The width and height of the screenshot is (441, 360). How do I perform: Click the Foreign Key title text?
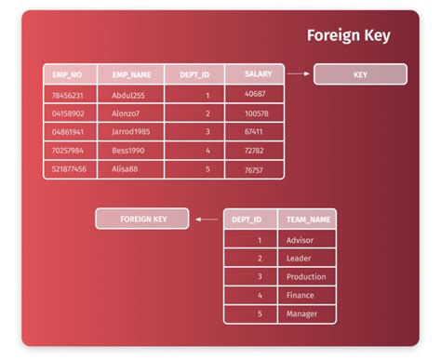349,36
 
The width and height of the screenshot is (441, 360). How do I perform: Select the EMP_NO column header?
68,74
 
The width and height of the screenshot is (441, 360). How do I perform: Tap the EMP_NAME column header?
130,74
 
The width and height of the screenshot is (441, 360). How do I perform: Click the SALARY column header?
258,73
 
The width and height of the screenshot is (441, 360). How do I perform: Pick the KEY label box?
360,74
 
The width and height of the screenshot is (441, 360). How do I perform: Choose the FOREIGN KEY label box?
142,220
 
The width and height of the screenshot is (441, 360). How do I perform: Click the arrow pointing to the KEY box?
298,73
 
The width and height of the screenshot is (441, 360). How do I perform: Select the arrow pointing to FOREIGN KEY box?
207,220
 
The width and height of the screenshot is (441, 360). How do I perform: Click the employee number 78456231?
68,95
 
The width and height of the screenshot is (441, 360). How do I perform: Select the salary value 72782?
255,151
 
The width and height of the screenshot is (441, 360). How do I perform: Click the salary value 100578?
256,113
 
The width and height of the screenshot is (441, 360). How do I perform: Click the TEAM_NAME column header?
308,220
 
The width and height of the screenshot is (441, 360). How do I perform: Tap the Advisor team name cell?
301,240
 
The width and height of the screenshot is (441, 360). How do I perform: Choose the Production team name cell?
306,276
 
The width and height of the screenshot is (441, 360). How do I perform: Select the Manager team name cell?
302,313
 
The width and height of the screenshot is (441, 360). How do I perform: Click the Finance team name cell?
301,295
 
